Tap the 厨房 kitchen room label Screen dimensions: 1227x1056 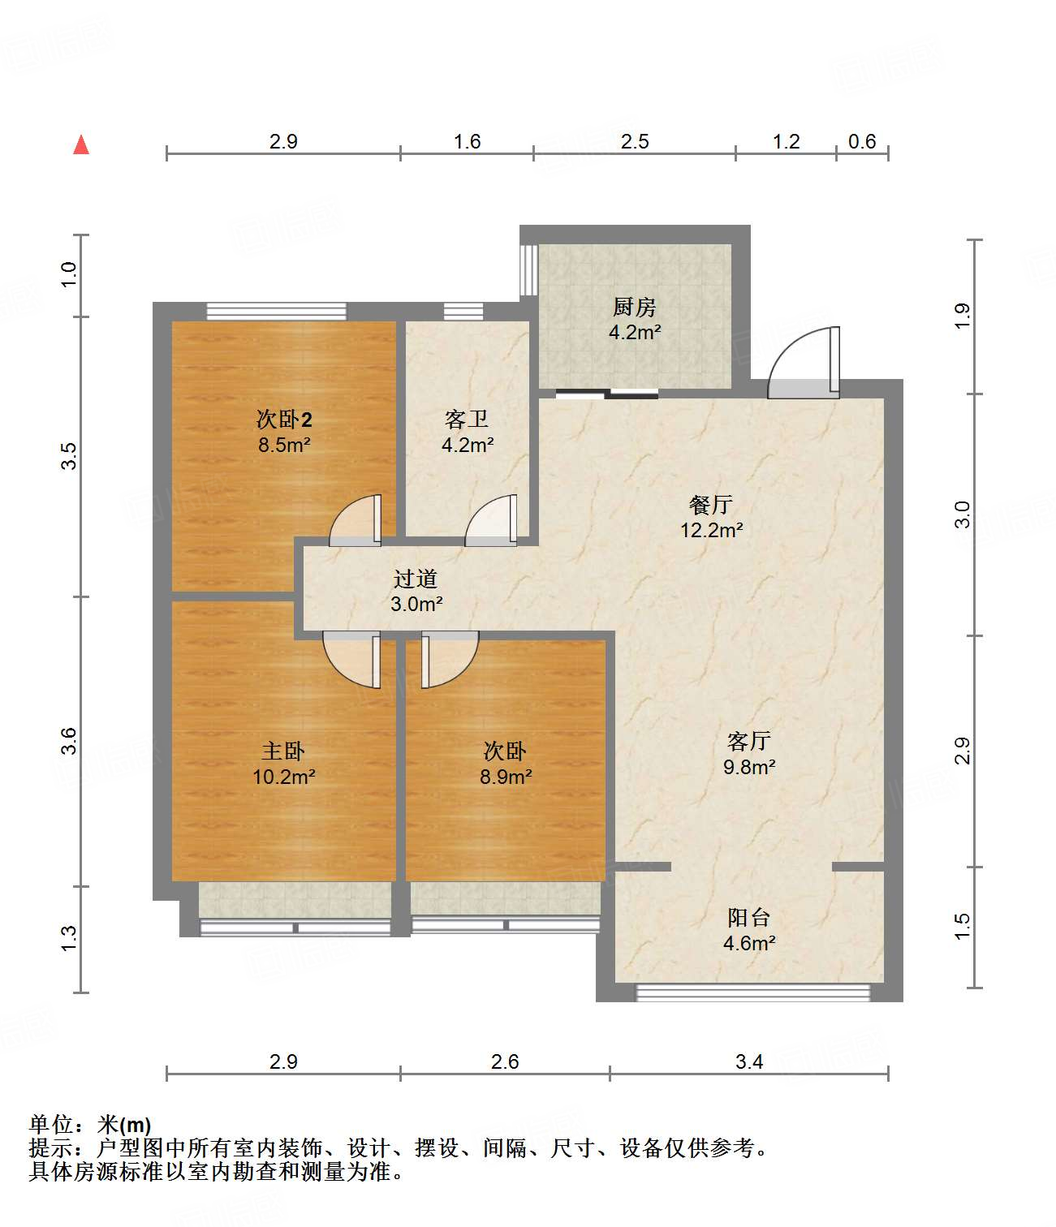coord(634,308)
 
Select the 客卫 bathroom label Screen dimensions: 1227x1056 coord(467,420)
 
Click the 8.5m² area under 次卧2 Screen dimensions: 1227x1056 coord(285,445)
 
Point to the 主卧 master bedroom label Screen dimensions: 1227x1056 coord(283,751)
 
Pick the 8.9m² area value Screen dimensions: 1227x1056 coord(506,777)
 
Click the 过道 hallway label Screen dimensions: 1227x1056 coord(416,579)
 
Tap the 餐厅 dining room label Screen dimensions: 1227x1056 coord(711,505)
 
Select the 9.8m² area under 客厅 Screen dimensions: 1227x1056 coord(749,767)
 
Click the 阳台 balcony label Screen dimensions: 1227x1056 coord(748,918)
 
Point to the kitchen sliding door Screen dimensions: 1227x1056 coord(606,395)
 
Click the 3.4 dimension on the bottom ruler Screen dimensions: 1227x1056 coord(748,1061)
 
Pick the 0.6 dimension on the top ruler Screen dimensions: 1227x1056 coord(862,142)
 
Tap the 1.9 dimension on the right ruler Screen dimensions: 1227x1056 coord(963,316)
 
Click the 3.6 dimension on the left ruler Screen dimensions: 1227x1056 coord(70,741)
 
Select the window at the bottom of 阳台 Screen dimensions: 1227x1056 coord(752,992)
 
